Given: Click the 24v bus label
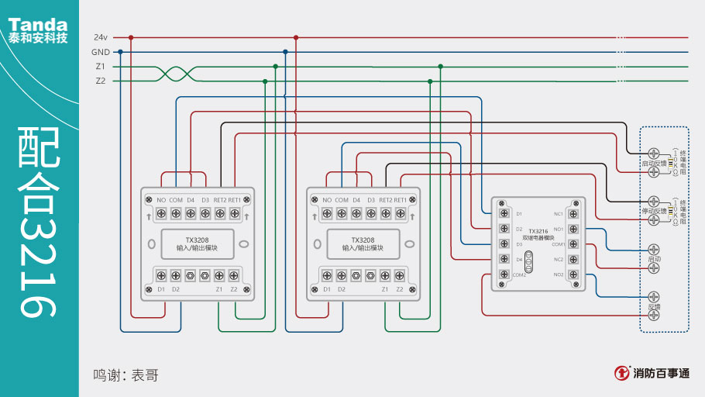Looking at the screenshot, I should click(x=100, y=37).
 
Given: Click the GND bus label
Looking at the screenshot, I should click(x=100, y=52).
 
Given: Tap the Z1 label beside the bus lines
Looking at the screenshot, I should click(x=100, y=67).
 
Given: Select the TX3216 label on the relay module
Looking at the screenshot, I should click(x=538, y=231).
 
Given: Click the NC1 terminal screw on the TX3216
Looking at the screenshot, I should click(x=573, y=213).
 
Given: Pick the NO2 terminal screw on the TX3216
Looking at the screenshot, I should click(x=573, y=274).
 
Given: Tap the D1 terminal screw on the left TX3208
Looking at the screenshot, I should click(x=160, y=274).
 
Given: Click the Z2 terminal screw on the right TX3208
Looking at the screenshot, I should click(x=400, y=274).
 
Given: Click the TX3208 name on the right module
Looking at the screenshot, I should click(x=363, y=240).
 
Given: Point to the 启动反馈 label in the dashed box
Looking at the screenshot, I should click(x=653, y=164).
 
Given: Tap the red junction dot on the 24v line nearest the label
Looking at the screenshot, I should click(x=131, y=37).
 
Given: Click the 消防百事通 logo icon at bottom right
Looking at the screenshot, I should click(x=621, y=373).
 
